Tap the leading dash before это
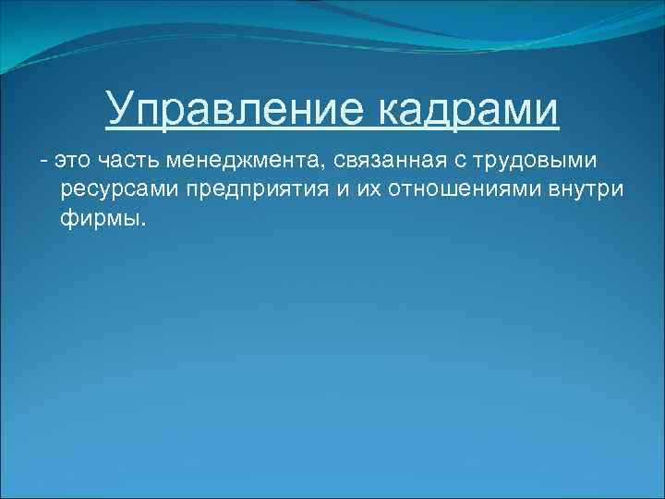click(x=42, y=162)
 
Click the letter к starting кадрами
click(x=389, y=111)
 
